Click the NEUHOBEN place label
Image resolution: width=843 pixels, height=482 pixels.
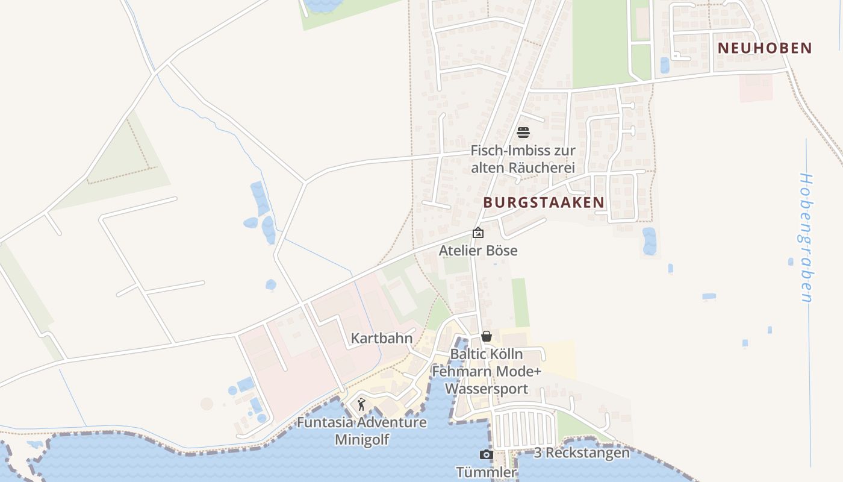point(765,48)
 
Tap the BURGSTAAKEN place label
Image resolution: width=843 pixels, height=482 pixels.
point(543,202)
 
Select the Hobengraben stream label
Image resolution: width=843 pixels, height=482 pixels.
point(806,237)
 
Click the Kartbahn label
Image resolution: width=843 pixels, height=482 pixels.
point(382,338)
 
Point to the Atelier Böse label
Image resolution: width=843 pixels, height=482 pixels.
point(478,250)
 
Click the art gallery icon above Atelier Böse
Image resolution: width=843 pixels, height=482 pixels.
point(478,233)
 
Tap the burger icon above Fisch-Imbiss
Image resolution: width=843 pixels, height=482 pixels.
point(523,133)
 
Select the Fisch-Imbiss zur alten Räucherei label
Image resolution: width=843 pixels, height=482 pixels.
point(523,159)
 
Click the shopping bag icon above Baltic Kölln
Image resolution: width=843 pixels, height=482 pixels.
point(487,336)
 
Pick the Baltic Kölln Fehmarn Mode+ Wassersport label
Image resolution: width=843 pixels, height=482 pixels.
point(487,371)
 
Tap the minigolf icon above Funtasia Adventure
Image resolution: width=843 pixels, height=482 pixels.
point(362,404)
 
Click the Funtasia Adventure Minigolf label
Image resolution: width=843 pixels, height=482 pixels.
point(362,431)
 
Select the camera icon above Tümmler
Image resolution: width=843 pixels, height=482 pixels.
point(487,455)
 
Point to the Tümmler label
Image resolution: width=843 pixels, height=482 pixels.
point(487,472)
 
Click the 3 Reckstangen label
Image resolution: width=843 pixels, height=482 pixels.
point(582,452)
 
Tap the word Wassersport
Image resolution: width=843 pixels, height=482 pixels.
point(487,389)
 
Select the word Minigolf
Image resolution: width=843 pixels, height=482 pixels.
point(362,440)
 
